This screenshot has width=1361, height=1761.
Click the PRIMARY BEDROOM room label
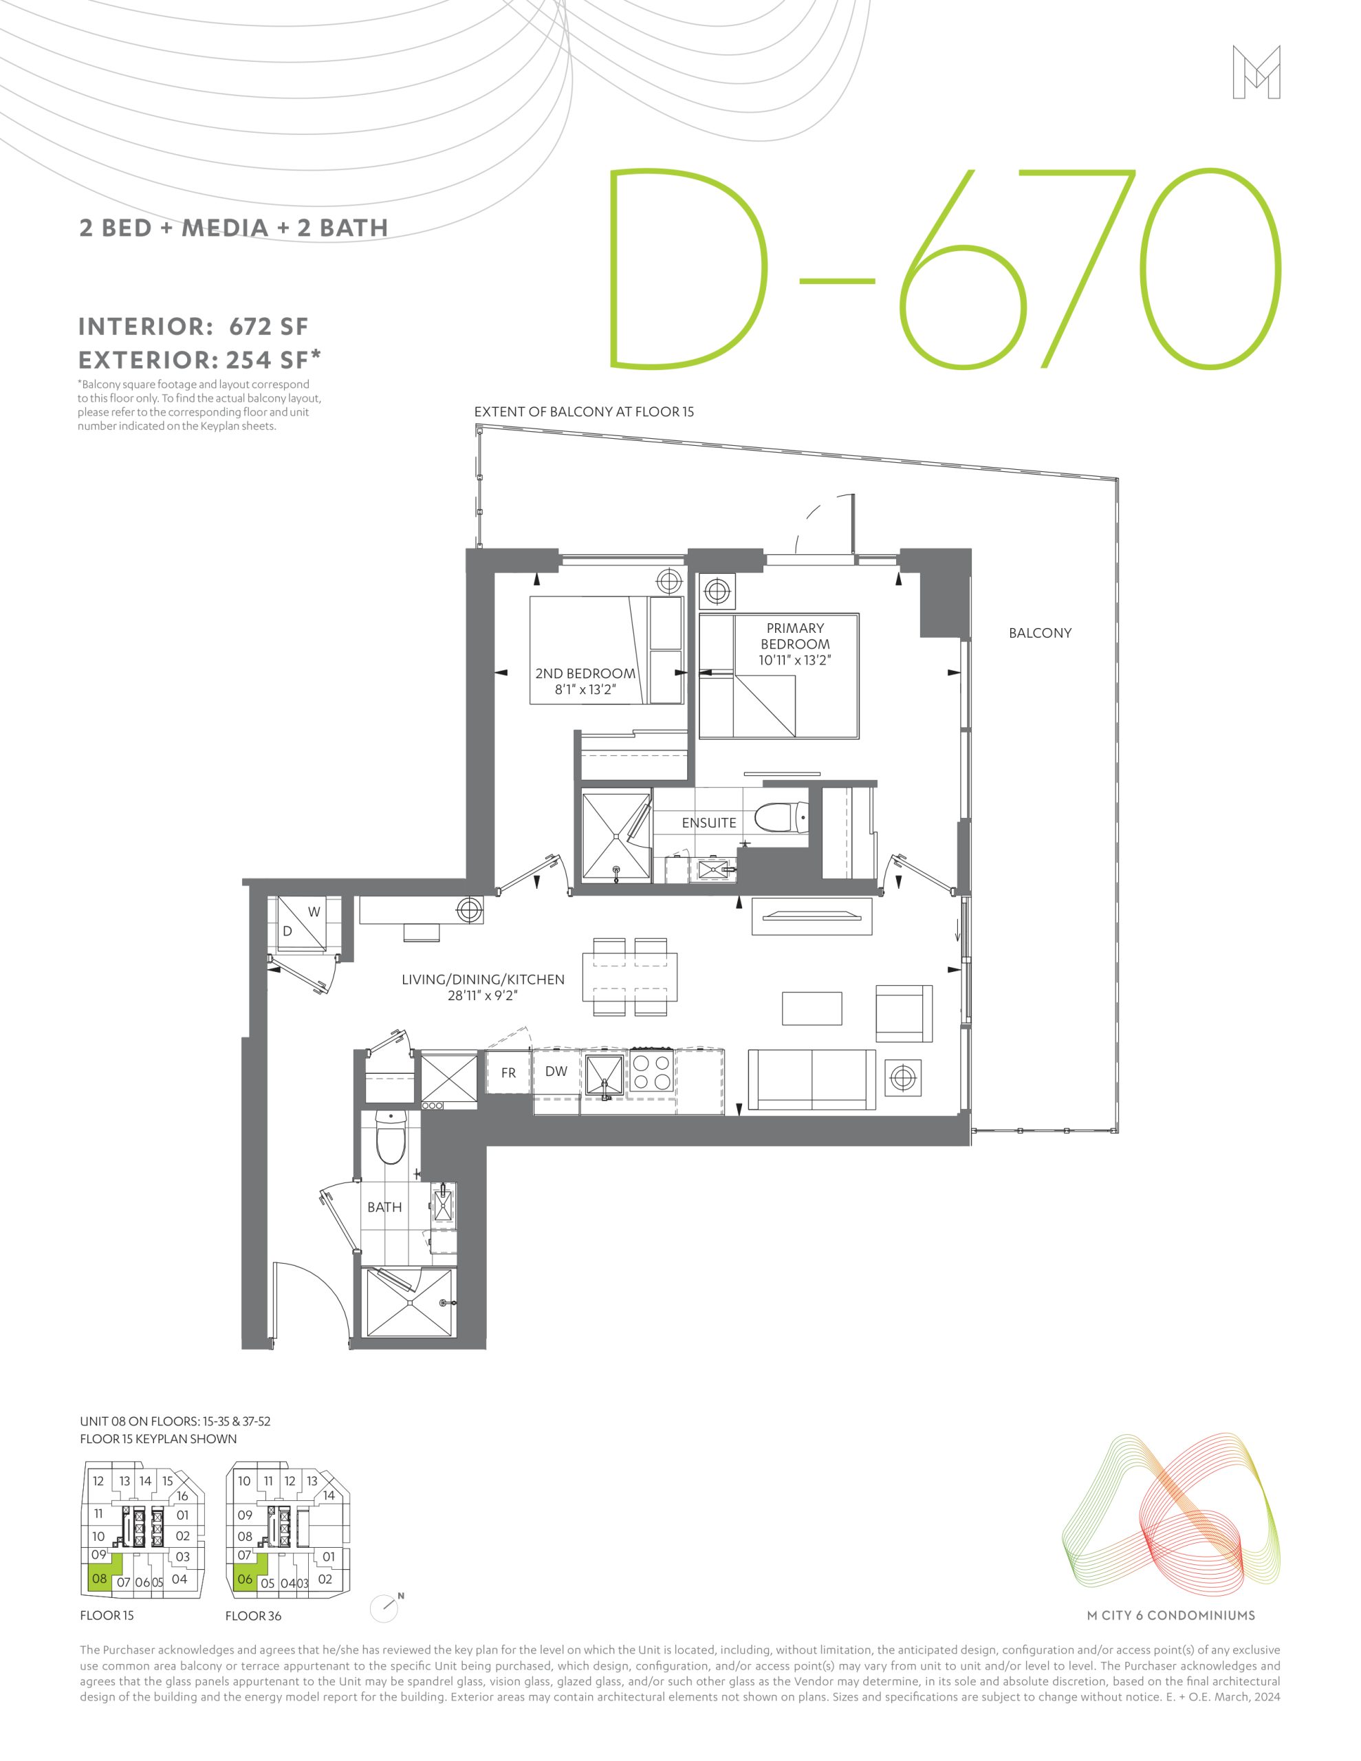tap(795, 636)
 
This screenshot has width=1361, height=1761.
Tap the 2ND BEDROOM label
tap(585, 673)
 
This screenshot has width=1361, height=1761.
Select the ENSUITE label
tap(709, 823)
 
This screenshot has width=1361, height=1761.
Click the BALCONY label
tap(1040, 633)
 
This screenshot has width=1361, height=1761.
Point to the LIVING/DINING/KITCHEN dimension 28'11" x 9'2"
tap(482, 996)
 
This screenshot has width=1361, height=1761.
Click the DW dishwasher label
tap(556, 1072)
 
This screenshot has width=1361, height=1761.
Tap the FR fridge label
tap(508, 1073)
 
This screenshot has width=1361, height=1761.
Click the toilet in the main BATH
tap(391, 1138)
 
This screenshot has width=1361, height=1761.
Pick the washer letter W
tap(314, 912)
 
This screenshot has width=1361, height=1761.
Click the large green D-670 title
tap(944, 268)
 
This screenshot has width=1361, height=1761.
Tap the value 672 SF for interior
tap(268, 327)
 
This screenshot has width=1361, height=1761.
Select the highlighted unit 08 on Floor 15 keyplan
tap(100, 1578)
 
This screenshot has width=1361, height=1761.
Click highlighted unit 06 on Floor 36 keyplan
tap(245, 1579)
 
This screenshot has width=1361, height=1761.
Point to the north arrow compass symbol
tap(385, 1608)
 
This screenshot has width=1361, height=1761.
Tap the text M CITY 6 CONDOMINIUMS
tap(1171, 1615)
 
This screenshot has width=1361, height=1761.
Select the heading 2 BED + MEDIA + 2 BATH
tap(234, 228)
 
